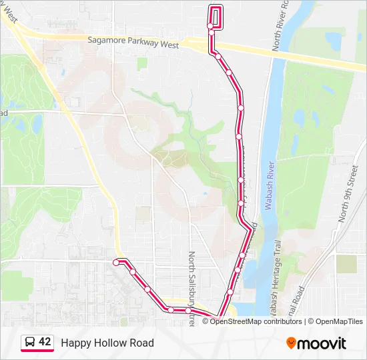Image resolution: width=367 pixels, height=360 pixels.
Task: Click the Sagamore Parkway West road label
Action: point(133,41)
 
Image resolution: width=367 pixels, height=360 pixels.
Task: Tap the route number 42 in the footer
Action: point(45,341)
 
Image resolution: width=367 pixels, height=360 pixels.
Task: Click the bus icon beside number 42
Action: point(30,342)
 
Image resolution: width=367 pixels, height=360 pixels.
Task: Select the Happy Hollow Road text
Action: point(107,343)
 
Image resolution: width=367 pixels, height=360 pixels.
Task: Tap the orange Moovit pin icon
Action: point(291,343)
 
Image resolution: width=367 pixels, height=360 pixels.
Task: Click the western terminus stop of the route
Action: point(116,263)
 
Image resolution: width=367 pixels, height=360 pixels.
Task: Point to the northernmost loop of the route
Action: point(216,16)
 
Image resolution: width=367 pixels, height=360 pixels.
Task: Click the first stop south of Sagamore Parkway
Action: point(218,57)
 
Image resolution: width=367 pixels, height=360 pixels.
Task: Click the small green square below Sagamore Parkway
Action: point(142,63)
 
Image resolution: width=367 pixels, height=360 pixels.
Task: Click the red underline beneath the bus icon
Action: point(37,352)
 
